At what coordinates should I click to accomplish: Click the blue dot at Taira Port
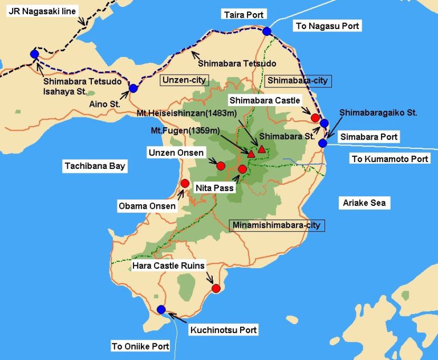(267, 31)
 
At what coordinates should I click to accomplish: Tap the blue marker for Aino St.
(133, 88)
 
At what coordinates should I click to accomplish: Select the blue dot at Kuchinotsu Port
(161, 310)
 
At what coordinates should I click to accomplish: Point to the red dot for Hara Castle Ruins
(216, 288)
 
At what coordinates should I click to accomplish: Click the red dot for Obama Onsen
(185, 183)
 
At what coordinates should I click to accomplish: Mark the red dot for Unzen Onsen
(221, 166)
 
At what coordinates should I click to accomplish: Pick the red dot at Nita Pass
(242, 169)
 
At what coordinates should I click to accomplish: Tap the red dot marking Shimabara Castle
(315, 118)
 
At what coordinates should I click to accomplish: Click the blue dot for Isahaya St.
(34, 54)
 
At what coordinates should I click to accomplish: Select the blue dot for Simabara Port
(323, 143)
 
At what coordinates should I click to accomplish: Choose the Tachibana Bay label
(95, 166)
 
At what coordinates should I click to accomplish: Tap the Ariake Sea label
(364, 203)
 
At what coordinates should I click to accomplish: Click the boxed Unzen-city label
(185, 80)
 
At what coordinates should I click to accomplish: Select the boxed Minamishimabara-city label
(277, 225)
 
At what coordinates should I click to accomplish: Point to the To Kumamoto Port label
(390, 159)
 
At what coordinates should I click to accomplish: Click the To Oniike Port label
(140, 346)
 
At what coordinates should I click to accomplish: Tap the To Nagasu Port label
(328, 26)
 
